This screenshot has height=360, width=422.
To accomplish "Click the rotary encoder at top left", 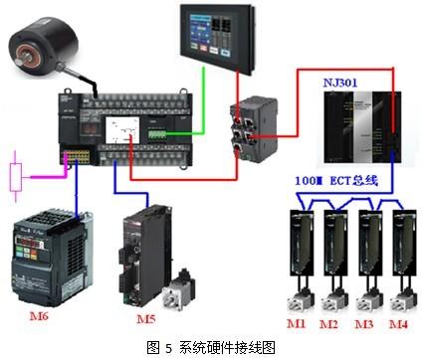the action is pos(42,51).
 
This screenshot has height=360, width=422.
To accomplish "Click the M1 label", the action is pos(297,323).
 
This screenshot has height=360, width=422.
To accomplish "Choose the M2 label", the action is pos(330,323).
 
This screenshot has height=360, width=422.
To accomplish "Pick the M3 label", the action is pos(364,323).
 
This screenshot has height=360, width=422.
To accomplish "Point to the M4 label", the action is pos(397,323).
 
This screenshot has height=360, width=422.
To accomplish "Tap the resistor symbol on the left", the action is pos(15,176).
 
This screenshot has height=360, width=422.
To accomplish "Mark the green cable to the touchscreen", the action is pos(203,99).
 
